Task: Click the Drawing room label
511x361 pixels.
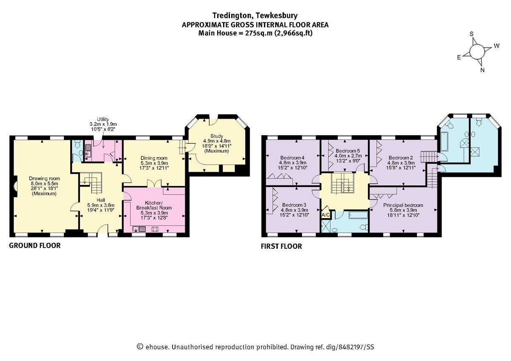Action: click(x=44, y=178)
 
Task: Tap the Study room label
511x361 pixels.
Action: click(x=216, y=136)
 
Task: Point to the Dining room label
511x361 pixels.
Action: click(x=155, y=157)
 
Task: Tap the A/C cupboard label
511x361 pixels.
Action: click(x=325, y=215)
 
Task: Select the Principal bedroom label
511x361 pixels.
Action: click(x=403, y=205)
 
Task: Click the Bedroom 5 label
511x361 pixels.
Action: click(x=348, y=151)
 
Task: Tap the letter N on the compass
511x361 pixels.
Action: click(x=482, y=71)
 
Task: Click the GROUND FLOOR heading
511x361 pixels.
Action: click(x=34, y=245)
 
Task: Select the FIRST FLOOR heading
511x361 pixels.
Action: click(x=281, y=246)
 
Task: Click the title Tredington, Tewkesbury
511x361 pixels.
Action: click(x=255, y=16)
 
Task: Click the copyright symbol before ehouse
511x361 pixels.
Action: click(x=140, y=347)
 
